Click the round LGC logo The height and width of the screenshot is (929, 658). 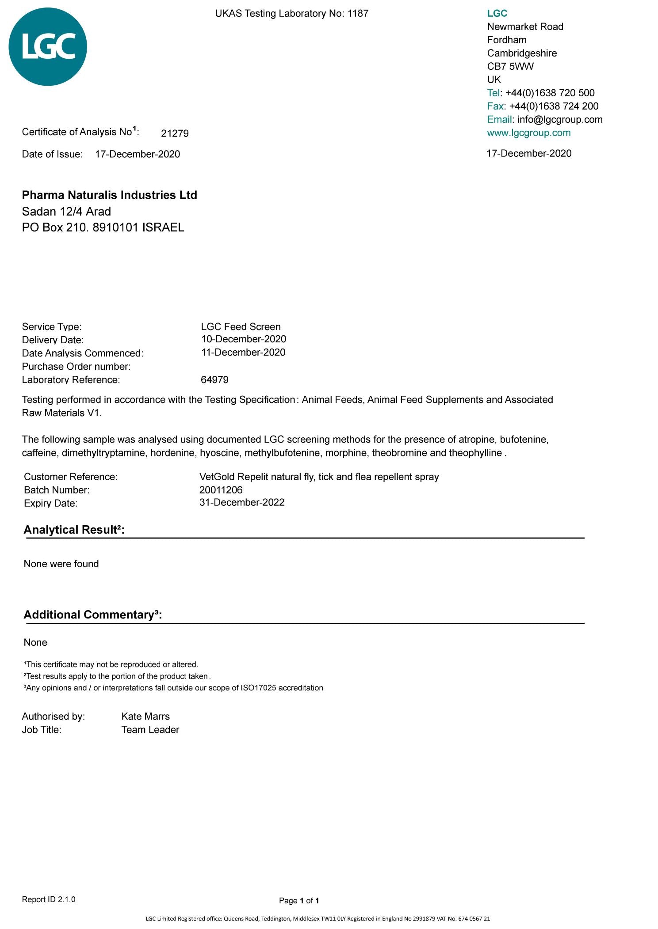pos(48,47)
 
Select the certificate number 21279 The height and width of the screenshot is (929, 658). pos(175,133)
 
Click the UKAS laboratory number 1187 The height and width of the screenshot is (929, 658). pos(358,14)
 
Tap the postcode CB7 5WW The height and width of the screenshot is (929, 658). pos(510,67)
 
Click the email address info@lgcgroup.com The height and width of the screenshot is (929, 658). pos(560,120)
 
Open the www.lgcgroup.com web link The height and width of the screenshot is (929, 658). pos(528,133)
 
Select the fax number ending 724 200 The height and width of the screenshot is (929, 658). pos(554,106)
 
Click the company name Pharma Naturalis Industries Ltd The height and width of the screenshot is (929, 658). pos(110,195)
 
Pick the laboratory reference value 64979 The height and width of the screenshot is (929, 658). pos(214,380)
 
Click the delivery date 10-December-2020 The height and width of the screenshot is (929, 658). pos(243,339)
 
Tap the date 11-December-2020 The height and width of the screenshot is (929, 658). pos(243,353)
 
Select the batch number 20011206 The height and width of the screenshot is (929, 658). pos(221,490)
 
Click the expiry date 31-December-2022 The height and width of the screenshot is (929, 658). pos(242,503)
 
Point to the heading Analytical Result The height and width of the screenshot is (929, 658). pos(74,530)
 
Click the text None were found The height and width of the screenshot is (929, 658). pos(61,564)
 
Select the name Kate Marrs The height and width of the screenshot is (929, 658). pos(145,717)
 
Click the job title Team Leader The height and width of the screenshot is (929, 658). pos(150,730)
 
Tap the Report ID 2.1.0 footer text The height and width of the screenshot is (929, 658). pos(49,899)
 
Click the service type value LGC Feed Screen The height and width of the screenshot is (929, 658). pos(241,327)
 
